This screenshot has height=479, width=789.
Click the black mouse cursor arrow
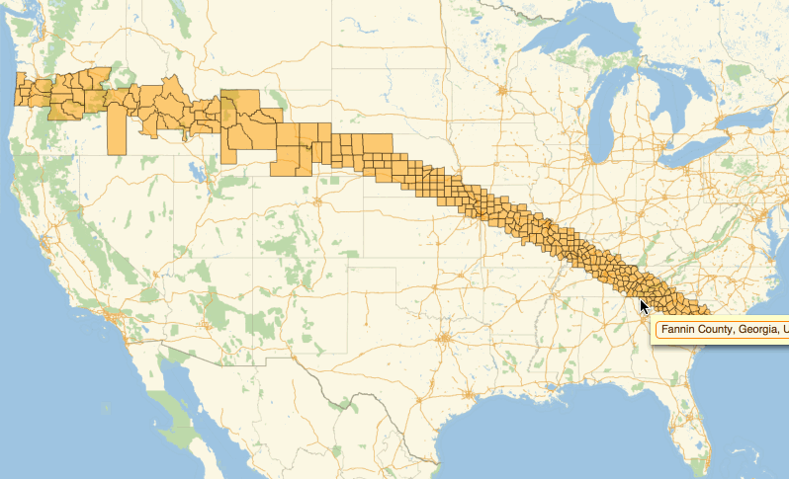[x=644, y=306]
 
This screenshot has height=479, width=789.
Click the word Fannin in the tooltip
[x=681, y=328]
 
